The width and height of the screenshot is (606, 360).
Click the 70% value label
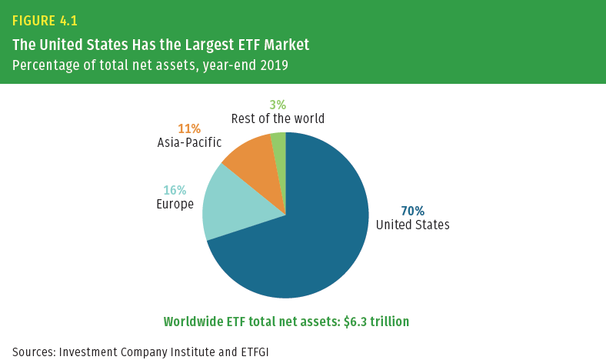(x=412, y=211)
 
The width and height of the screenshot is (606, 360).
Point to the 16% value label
(x=175, y=191)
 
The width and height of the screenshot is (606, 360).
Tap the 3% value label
(x=278, y=105)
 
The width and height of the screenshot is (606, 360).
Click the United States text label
(x=412, y=225)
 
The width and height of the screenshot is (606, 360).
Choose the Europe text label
(x=175, y=205)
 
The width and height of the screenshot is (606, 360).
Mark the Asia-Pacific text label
(x=188, y=142)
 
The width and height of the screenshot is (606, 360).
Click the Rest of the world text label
(x=278, y=118)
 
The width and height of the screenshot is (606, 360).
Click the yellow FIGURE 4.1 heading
(x=45, y=21)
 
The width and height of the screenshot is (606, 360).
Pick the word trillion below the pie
(x=388, y=322)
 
